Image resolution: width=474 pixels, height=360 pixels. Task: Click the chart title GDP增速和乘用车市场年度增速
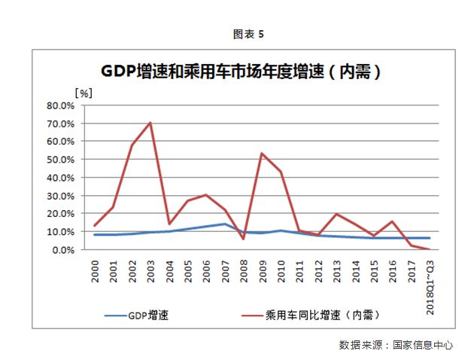pyautogui.click(x=239, y=72)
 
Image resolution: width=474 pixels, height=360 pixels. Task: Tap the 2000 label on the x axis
pyautogui.click(x=96, y=272)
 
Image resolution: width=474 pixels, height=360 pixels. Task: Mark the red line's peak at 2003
pyautogui.click(x=150, y=122)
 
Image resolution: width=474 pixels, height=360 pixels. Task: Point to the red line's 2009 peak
pyautogui.click(x=262, y=154)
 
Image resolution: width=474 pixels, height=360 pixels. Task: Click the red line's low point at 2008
pyautogui.click(x=243, y=239)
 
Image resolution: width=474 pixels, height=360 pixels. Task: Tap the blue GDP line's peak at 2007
pyautogui.click(x=224, y=224)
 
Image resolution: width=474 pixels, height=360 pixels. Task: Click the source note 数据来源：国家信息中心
pyautogui.click(x=396, y=345)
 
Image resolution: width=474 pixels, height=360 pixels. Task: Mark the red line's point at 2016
pyautogui.click(x=392, y=221)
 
